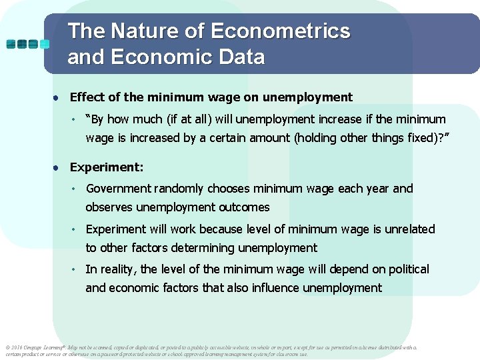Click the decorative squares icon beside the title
tap(27, 44)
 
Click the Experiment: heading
tap(107, 167)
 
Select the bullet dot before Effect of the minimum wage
tap(58, 98)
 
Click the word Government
tap(119, 189)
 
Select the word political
tap(406, 269)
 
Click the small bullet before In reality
tap(76, 269)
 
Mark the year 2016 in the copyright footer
tap(17, 347)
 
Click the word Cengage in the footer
tap(36, 347)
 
